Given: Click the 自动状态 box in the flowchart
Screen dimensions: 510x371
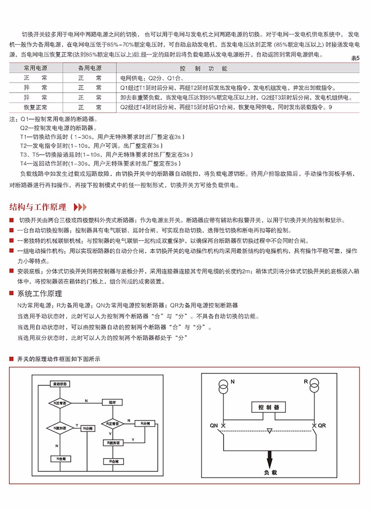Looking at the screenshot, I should [61, 383].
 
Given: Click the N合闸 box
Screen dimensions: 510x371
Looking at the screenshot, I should [61, 460].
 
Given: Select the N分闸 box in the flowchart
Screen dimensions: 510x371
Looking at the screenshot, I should [87, 427].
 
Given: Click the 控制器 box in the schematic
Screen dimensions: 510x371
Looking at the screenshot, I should [269, 407].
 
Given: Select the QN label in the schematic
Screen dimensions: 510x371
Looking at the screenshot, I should [214, 425].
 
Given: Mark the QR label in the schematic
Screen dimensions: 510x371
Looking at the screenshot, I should [322, 425].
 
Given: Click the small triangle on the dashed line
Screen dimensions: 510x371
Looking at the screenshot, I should [269, 431].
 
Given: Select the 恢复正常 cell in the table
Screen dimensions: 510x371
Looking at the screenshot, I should [36, 107].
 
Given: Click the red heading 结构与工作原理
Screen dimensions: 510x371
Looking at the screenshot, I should [38, 207].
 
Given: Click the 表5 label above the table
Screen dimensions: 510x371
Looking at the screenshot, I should [355, 58].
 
